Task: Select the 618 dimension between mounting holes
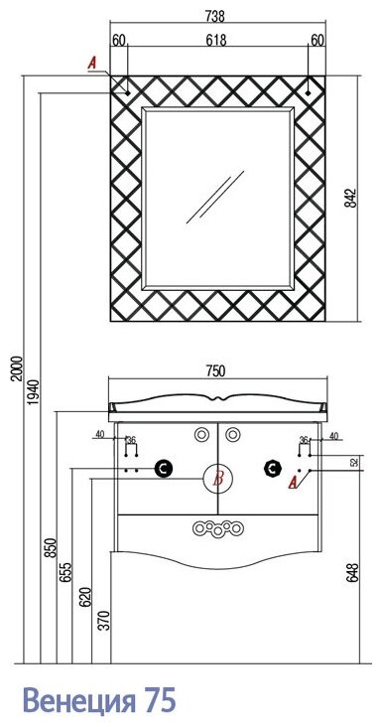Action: [x=215, y=40]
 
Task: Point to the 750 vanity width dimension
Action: [x=215, y=370]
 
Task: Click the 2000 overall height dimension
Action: [x=17, y=368]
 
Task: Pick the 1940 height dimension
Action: [x=35, y=391]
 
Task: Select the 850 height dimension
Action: [x=51, y=547]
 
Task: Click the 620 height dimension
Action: [x=86, y=597]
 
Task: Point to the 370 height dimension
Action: [x=106, y=621]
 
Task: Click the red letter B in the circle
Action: [x=218, y=478]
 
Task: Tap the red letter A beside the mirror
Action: [x=92, y=63]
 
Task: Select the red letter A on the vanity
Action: [x=293, y=483]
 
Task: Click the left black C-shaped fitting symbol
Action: [x=164, y=469]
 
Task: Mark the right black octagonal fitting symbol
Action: [x=272, y=468]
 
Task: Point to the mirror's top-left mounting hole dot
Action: [x=128, y=93]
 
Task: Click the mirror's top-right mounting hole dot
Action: [x=308, y=92]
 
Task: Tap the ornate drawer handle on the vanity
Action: [x=218, y=528]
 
